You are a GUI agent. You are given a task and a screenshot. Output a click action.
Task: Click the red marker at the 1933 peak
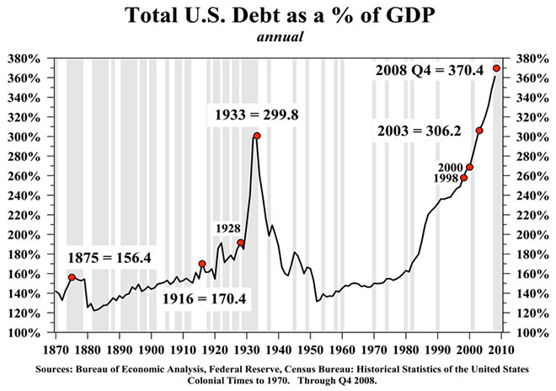[x=257, y=136]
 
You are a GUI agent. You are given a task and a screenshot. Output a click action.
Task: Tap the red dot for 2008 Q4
[x=497, y=68]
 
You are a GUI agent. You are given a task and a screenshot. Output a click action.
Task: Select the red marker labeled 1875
[x=72, y=277]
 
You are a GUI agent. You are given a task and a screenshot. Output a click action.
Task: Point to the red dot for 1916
[x=202, y=264]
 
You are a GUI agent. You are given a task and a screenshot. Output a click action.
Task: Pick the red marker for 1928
[x=241, y=243]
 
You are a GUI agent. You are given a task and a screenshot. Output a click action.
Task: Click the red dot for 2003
[x=479, y=131]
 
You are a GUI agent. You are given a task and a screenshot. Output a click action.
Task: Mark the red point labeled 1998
[x=463, y=178]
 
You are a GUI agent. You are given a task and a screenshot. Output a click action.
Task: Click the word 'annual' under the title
[x=278, y=36]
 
